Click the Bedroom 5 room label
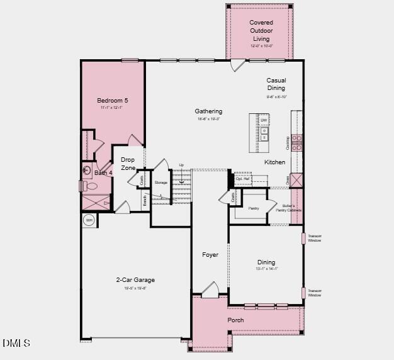point(113,101)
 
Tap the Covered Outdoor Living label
point(261,31)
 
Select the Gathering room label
point(208,111)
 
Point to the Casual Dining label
point(276,84)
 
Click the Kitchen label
point(274,162)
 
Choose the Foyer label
point(210,255)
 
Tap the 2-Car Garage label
point(135,280)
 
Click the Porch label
point(235,320)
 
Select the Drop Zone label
point(128,164)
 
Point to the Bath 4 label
point(103,172)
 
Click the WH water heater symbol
point(89,220)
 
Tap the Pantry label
point(253,208)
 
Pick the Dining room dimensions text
point(267,269)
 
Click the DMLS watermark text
point(16,343)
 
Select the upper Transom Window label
point(315,238)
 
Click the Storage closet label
point(161,183)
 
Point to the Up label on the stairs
point(181,166)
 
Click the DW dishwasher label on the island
point(264,120)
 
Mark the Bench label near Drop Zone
point(145,201)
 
